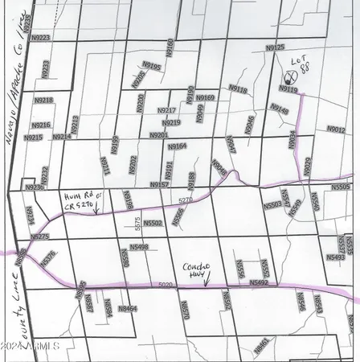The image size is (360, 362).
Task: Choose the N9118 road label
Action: point(238,90)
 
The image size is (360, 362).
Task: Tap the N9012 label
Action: point(336,129)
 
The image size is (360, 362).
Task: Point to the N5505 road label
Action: point(341,186)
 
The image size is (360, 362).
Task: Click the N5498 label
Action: point(138,248)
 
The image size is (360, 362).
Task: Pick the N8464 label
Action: point(128,308)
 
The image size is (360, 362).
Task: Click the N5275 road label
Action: point(39,237)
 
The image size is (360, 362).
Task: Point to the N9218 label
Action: point(43,101)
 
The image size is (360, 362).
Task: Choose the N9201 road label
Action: point(158,135)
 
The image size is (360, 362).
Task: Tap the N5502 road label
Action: point(153,223)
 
